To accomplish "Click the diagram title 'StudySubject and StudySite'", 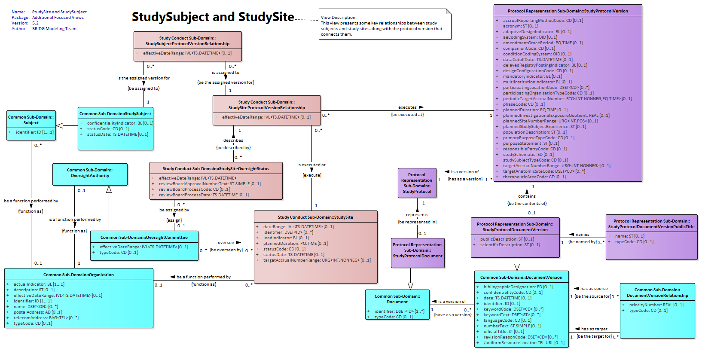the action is coord(213,17).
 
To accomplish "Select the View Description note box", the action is coord(385,24).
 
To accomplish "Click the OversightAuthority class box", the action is coord(90,174).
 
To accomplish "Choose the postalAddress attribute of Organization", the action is coord(38,312).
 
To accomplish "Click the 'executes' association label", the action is coord(407,107).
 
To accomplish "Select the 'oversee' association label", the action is coord(226,243).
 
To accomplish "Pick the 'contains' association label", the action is coord(527,196).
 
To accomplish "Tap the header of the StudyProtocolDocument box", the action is coord(418,250).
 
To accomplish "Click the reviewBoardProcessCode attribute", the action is coord(194,189).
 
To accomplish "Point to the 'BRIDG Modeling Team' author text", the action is coord(54,28).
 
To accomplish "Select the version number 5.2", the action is coord(35,23).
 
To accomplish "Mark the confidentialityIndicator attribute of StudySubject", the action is coord(120,123).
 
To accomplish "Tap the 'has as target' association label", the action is coord(594,329).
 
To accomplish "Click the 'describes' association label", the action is coord(233,140).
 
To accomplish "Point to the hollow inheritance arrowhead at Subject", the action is coord(60,125).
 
